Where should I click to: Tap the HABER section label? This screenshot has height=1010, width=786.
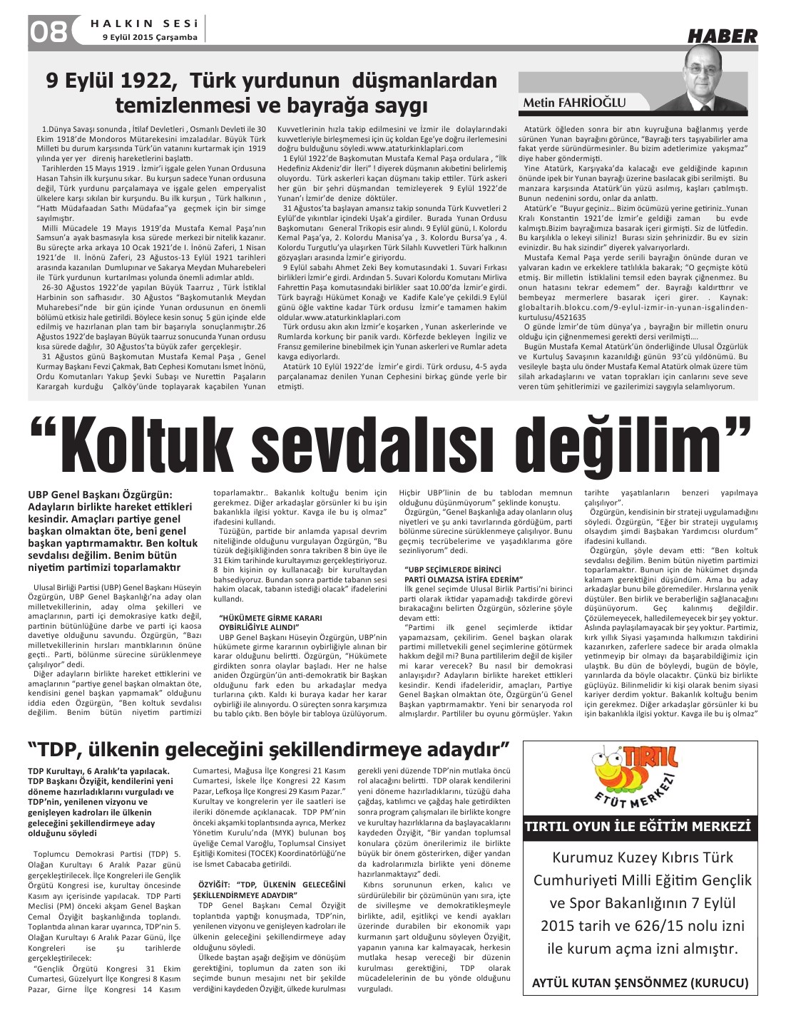click(x=722, y=36)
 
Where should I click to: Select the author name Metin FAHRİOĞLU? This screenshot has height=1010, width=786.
click(x=574, y=103)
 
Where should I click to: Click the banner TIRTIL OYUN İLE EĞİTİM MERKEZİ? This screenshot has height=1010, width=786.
click(x=638, y=827)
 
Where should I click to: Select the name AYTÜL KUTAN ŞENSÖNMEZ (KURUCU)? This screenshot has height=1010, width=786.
click(x=640, y=983)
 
